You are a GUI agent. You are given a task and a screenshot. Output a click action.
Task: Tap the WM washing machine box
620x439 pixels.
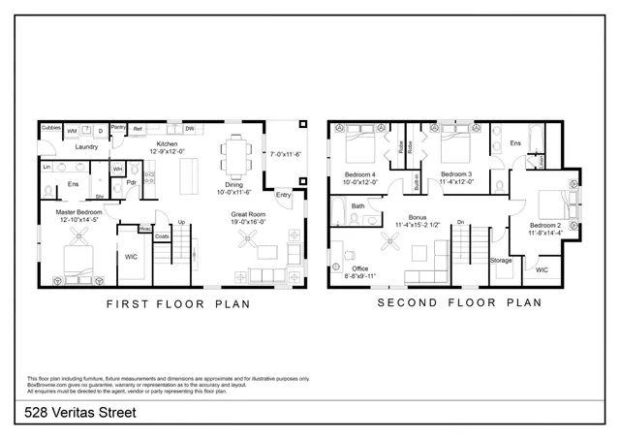72,132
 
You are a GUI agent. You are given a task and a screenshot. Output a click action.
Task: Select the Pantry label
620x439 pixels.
118,126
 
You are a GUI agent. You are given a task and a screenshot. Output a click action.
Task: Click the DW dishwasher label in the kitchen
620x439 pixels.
190,128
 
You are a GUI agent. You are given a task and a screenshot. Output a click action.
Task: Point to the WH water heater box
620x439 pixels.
117,169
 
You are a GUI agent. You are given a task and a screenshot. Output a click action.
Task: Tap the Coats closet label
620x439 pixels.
162,235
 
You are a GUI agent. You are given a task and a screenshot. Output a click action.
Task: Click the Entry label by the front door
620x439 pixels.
283,195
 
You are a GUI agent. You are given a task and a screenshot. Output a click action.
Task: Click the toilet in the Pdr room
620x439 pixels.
137,172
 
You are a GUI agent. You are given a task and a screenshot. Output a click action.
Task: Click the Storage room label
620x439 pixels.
500,260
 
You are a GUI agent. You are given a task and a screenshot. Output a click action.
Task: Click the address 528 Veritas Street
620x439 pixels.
81,414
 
